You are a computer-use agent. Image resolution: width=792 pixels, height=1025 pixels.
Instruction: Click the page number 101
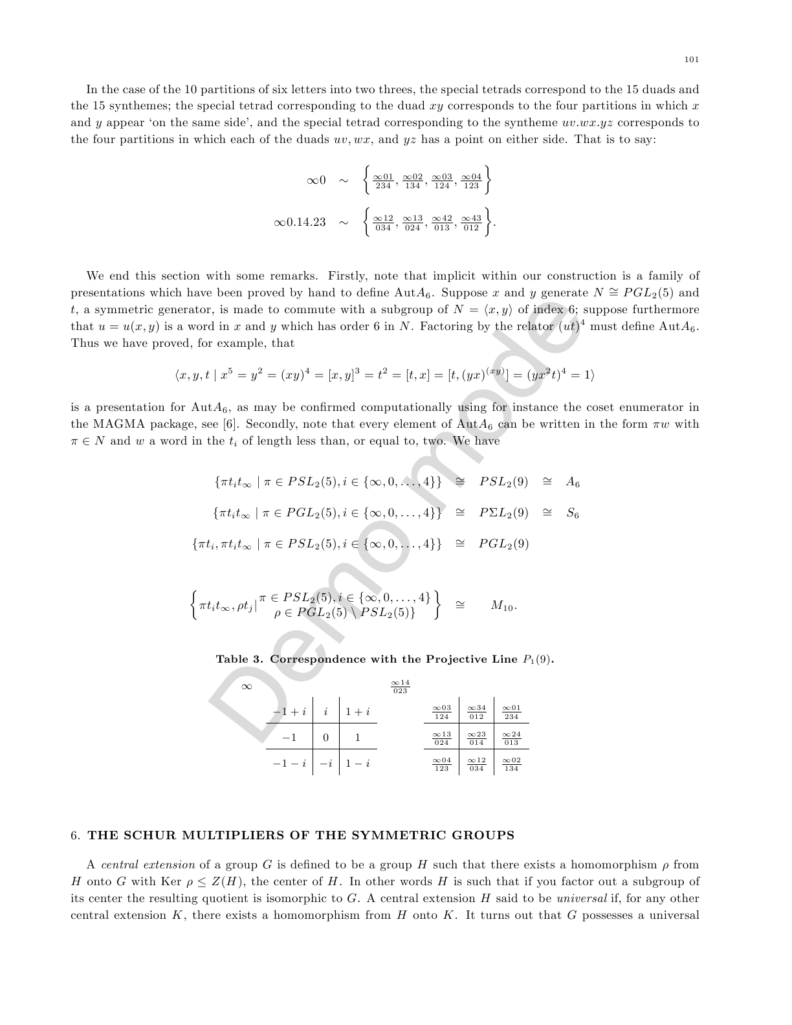tap(691, 60)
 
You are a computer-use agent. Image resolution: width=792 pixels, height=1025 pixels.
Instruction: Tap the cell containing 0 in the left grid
tap(325, 738)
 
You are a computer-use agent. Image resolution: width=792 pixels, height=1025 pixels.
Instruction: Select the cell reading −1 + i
tap(289, 712)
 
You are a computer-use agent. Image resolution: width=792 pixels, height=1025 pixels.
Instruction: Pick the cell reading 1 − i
tap(358, 764)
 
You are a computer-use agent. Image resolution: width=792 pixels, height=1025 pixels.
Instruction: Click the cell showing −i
tap(325, 764)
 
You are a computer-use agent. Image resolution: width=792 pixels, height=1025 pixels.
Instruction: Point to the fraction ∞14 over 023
tap(401, 687)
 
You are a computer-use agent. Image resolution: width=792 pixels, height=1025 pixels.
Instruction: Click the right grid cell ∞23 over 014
tap(476, 738)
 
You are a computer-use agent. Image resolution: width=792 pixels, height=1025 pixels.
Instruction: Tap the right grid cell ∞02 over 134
tap(511, 764)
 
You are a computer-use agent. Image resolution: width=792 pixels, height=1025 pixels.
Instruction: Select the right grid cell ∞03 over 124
tap(441, 712)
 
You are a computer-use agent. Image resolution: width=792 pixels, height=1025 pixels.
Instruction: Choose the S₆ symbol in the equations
tap(572, 513)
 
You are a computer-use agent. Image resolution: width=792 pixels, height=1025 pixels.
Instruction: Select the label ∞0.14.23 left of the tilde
tap(300, 222)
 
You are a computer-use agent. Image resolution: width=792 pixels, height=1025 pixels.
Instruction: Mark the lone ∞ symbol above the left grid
tap(247, 687)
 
